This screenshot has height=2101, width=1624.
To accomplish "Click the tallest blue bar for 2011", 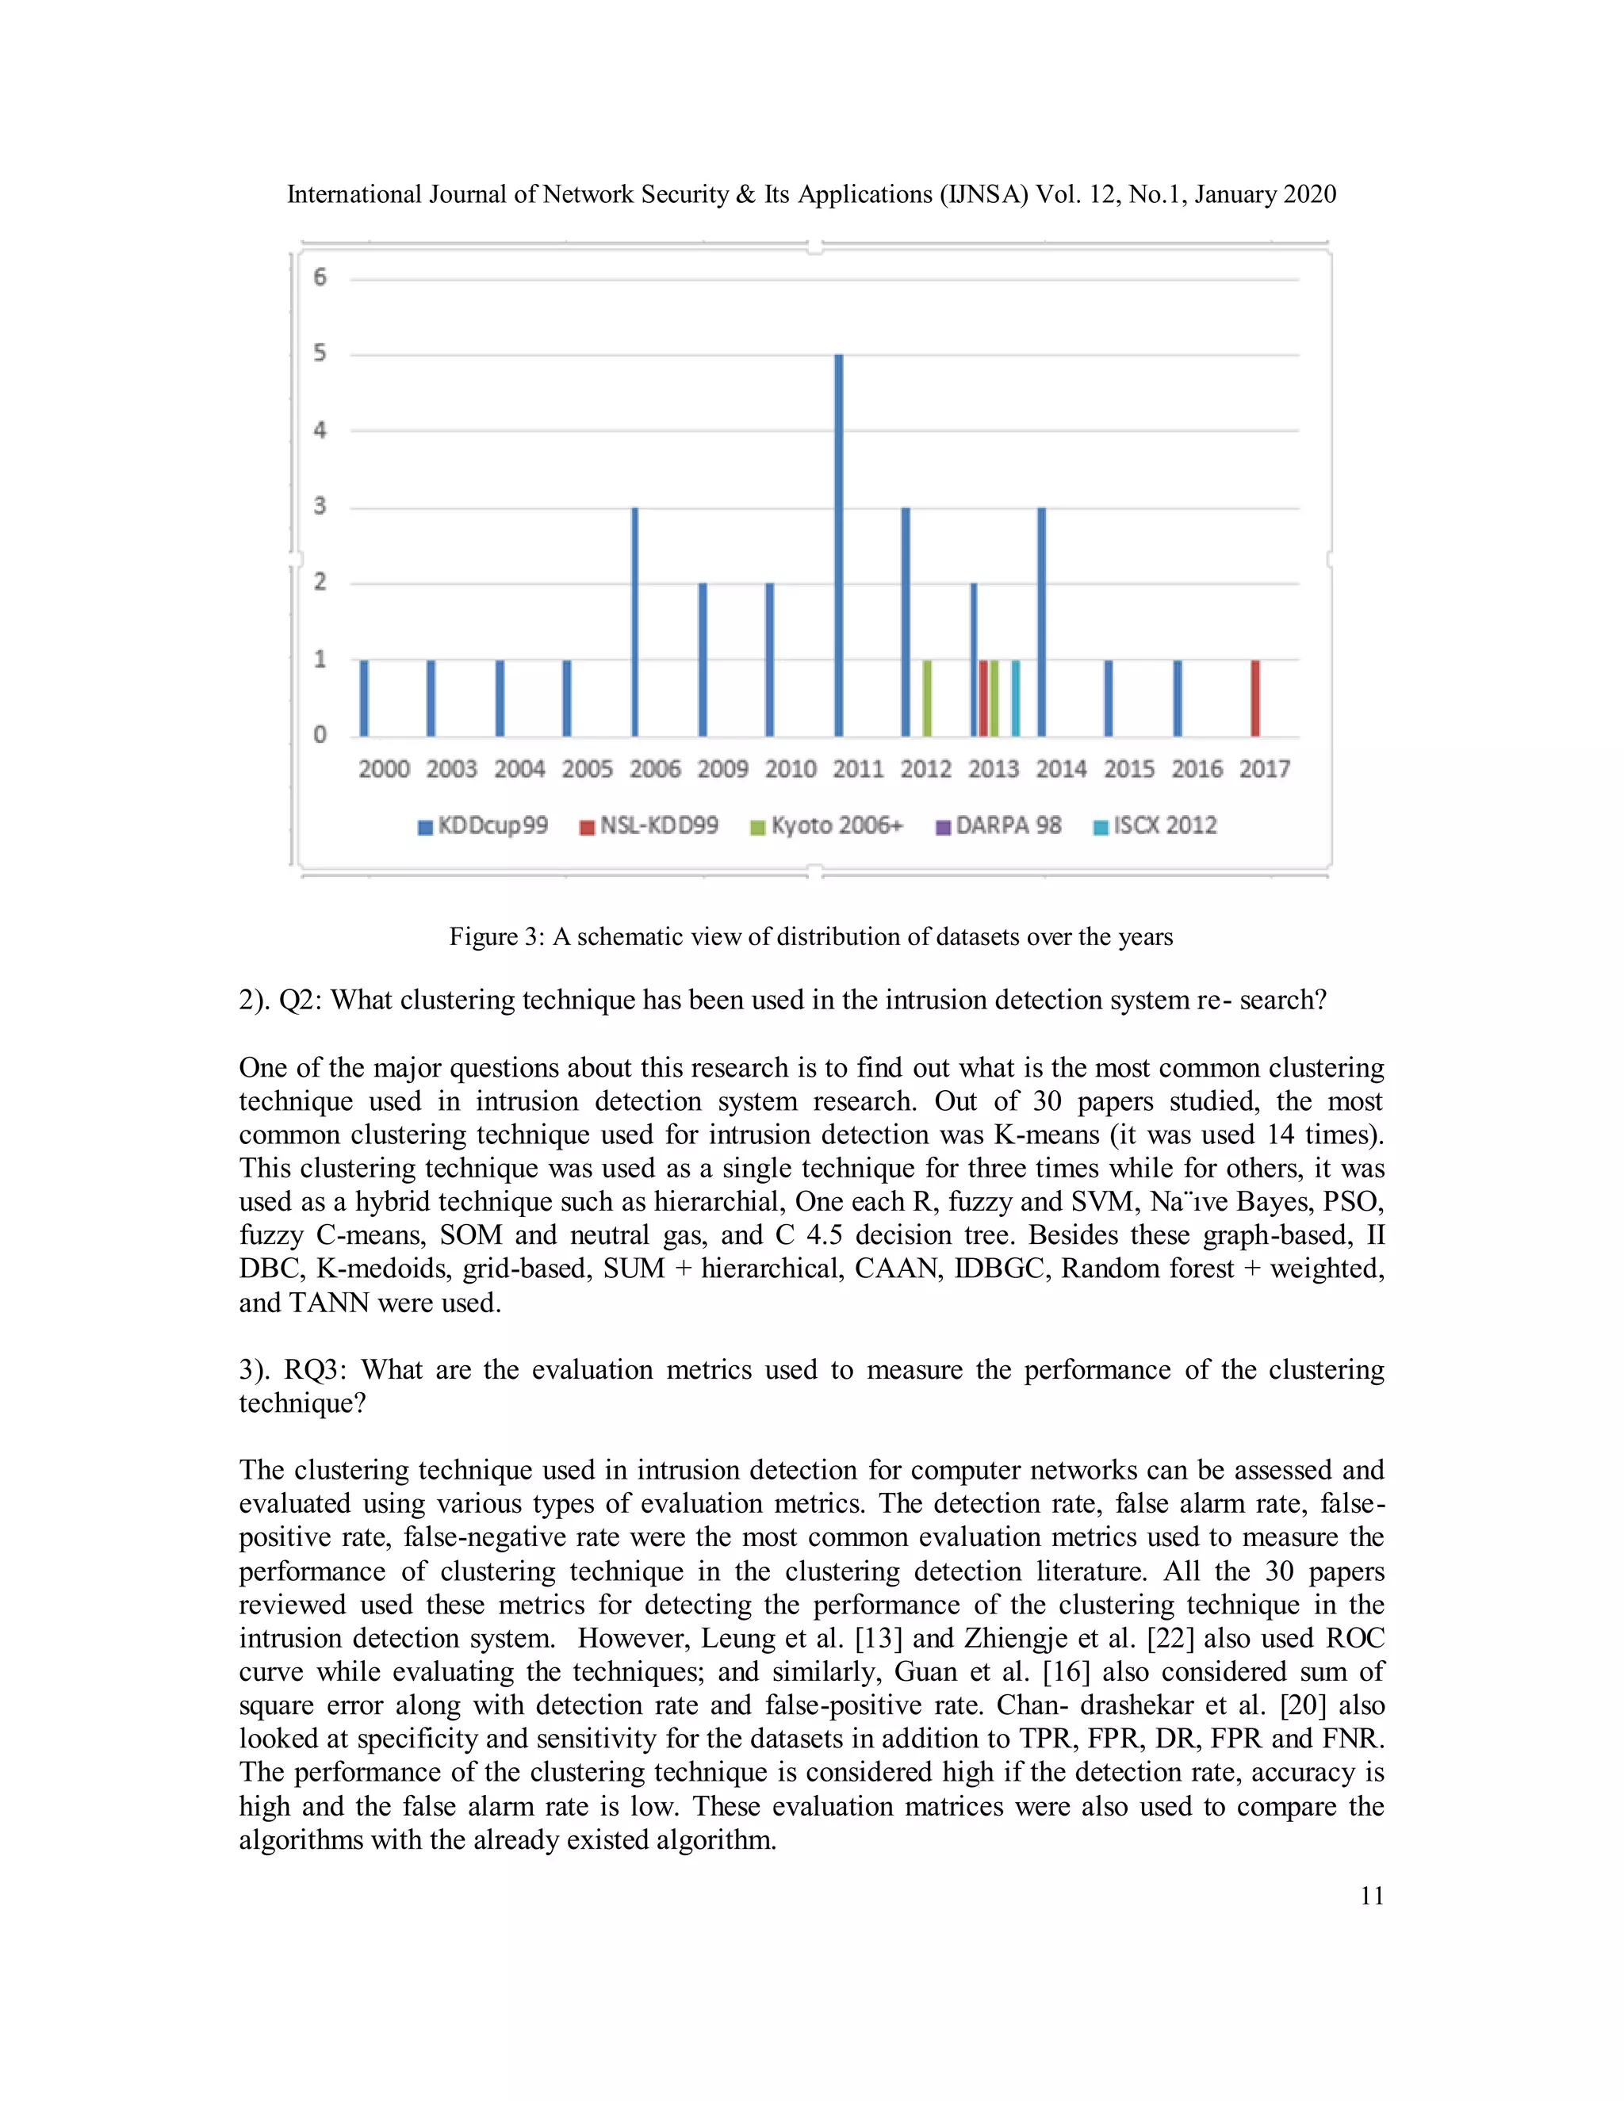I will (x=839, y=545).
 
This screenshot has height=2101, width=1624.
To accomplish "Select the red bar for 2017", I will (x=1254, y=698).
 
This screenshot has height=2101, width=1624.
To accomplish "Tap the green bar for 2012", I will (x=926, y=698).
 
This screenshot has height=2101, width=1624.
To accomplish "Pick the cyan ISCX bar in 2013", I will (x=1015, y=698).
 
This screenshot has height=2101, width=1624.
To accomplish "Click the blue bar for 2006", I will (x=635, y=622).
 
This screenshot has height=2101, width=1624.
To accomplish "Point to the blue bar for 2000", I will (x=364, y=698).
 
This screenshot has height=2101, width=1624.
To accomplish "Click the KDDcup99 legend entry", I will (x=483, y=826).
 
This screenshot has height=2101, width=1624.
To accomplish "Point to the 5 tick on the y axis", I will (x=320, y=353).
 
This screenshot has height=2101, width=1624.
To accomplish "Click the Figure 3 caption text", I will (x=811, y=937).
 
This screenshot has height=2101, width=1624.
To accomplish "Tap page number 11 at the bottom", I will (x=1372, y=1896).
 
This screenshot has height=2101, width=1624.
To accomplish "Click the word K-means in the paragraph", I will (x=1046, y=1135).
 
